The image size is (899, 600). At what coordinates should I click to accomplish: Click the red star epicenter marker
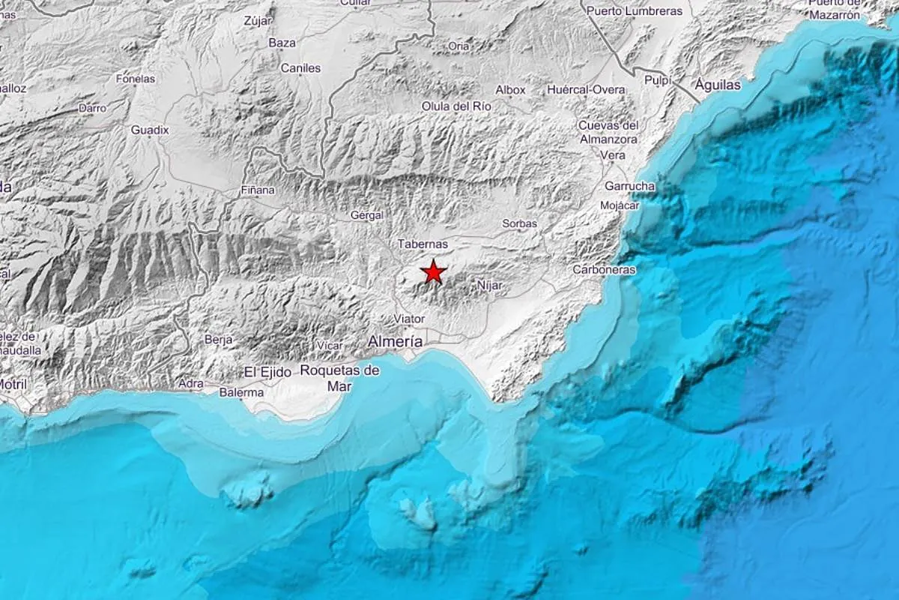tap(433, 271)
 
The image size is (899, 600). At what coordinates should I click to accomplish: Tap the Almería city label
tap(394, 341)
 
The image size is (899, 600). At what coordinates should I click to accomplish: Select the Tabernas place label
tap(423, 244)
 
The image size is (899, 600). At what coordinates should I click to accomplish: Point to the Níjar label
tap(489, 285)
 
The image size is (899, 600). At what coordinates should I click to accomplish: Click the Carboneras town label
tap(604, 269)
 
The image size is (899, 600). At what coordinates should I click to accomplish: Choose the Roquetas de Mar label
tap(339, 377)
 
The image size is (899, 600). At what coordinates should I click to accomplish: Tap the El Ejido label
tap(267, 371)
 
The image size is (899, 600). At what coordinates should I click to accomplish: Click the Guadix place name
tap(150, 130)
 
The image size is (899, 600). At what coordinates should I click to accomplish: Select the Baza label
tap(282, 43)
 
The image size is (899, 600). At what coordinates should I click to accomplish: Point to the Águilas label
tap(718, 85)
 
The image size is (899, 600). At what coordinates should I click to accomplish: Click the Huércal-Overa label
tap(586, 90)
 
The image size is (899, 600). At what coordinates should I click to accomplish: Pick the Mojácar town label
tap(619, 205)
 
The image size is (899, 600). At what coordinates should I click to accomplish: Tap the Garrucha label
tap(629, 186)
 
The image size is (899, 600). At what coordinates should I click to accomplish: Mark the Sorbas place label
tap(520, 223)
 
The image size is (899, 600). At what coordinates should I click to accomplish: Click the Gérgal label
tap(367, 215)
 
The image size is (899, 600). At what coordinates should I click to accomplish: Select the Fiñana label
tap(258, 190)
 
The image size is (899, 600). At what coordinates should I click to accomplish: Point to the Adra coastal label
tap(190, 383)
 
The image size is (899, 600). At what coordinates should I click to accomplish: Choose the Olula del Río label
tap(456, 106)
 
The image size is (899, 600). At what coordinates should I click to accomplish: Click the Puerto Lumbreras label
tap(635, 10)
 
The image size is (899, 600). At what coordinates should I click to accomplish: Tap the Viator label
tap(409, 319)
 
